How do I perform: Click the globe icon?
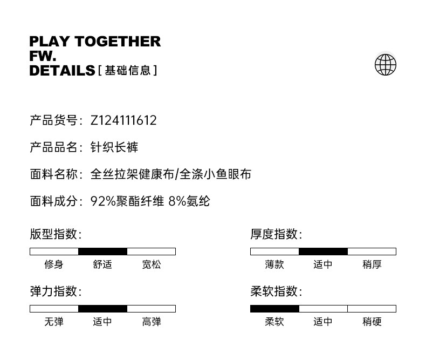[385, 64]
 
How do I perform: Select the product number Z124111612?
[123, 120]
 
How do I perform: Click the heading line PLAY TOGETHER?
[95, 42]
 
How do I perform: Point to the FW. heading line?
[43, 56]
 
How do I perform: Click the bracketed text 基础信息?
[128, 71]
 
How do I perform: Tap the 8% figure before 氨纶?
[177, 201]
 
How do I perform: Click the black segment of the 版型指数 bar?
[102, 251]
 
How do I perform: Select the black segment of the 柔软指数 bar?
[274, 309]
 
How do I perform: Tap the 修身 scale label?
[54, 264]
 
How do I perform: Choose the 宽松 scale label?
[152, 264]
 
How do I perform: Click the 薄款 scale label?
[274, 264]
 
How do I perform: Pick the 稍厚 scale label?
[372, 264]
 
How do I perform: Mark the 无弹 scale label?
[54, 322]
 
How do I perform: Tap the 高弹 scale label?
[152, 322]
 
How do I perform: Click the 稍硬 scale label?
[372, 322]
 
